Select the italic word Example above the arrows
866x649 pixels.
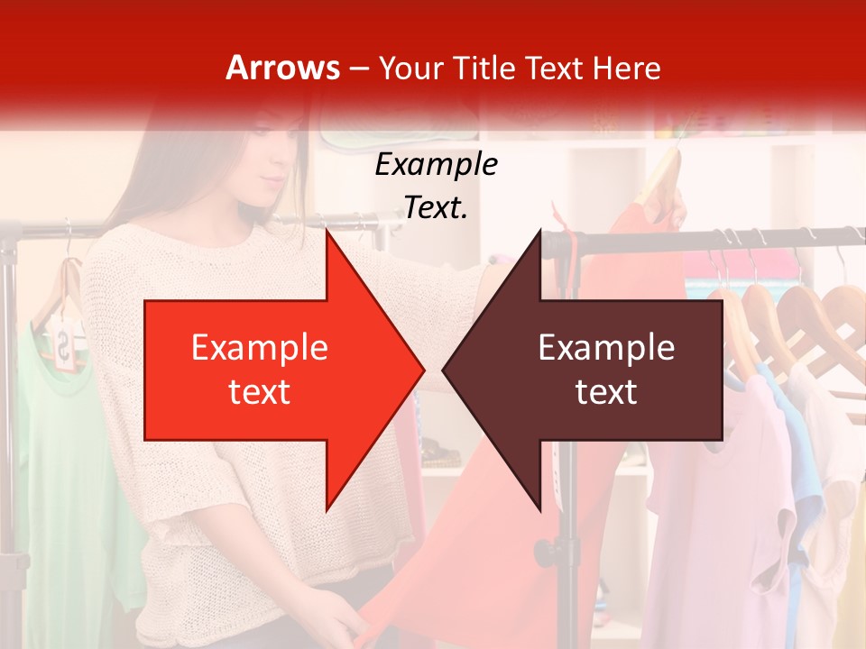click(436, 164)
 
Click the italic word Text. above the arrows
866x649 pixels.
click(436, 207)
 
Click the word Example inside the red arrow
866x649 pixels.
click(259, 348)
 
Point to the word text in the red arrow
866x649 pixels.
click(259, 391)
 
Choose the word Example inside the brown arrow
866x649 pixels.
click(606, 348)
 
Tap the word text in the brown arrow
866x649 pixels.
click(606, 391)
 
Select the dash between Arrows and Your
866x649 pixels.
click(358, 68)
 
